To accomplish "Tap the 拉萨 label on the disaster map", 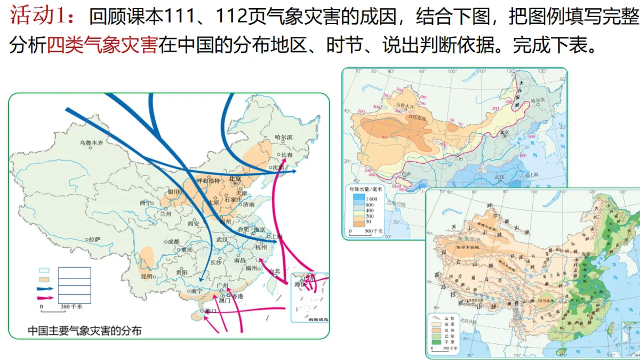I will pyautogui.click(x=94, y=239).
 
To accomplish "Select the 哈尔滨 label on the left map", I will pyautogui.click(x=283, y=137).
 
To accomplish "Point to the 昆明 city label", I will pyautogui.click(x=147, y=276).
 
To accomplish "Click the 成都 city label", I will pyautogui.click(x=173, y=241).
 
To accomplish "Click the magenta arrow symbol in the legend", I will pyautogui.click(x=46, y=298).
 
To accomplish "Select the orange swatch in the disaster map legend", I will pyautogui.click(x=46, y=279).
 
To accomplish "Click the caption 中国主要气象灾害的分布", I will pyautogui.click(x=85, y=331).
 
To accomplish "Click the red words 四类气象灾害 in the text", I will pyautogui.click(x=102, y=46).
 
